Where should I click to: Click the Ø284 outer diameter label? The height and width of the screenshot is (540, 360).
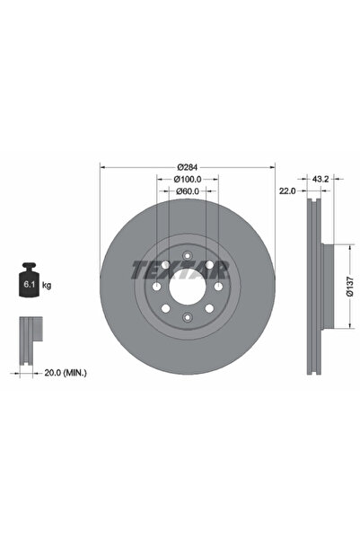187,166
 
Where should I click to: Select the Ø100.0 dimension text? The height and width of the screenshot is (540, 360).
187,179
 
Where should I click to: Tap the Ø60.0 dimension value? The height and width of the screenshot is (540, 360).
187,191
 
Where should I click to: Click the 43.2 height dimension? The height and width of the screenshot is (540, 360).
317,179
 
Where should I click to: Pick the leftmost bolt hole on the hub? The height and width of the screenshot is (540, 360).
157,288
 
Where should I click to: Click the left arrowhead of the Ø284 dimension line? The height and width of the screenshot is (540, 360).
101,166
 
